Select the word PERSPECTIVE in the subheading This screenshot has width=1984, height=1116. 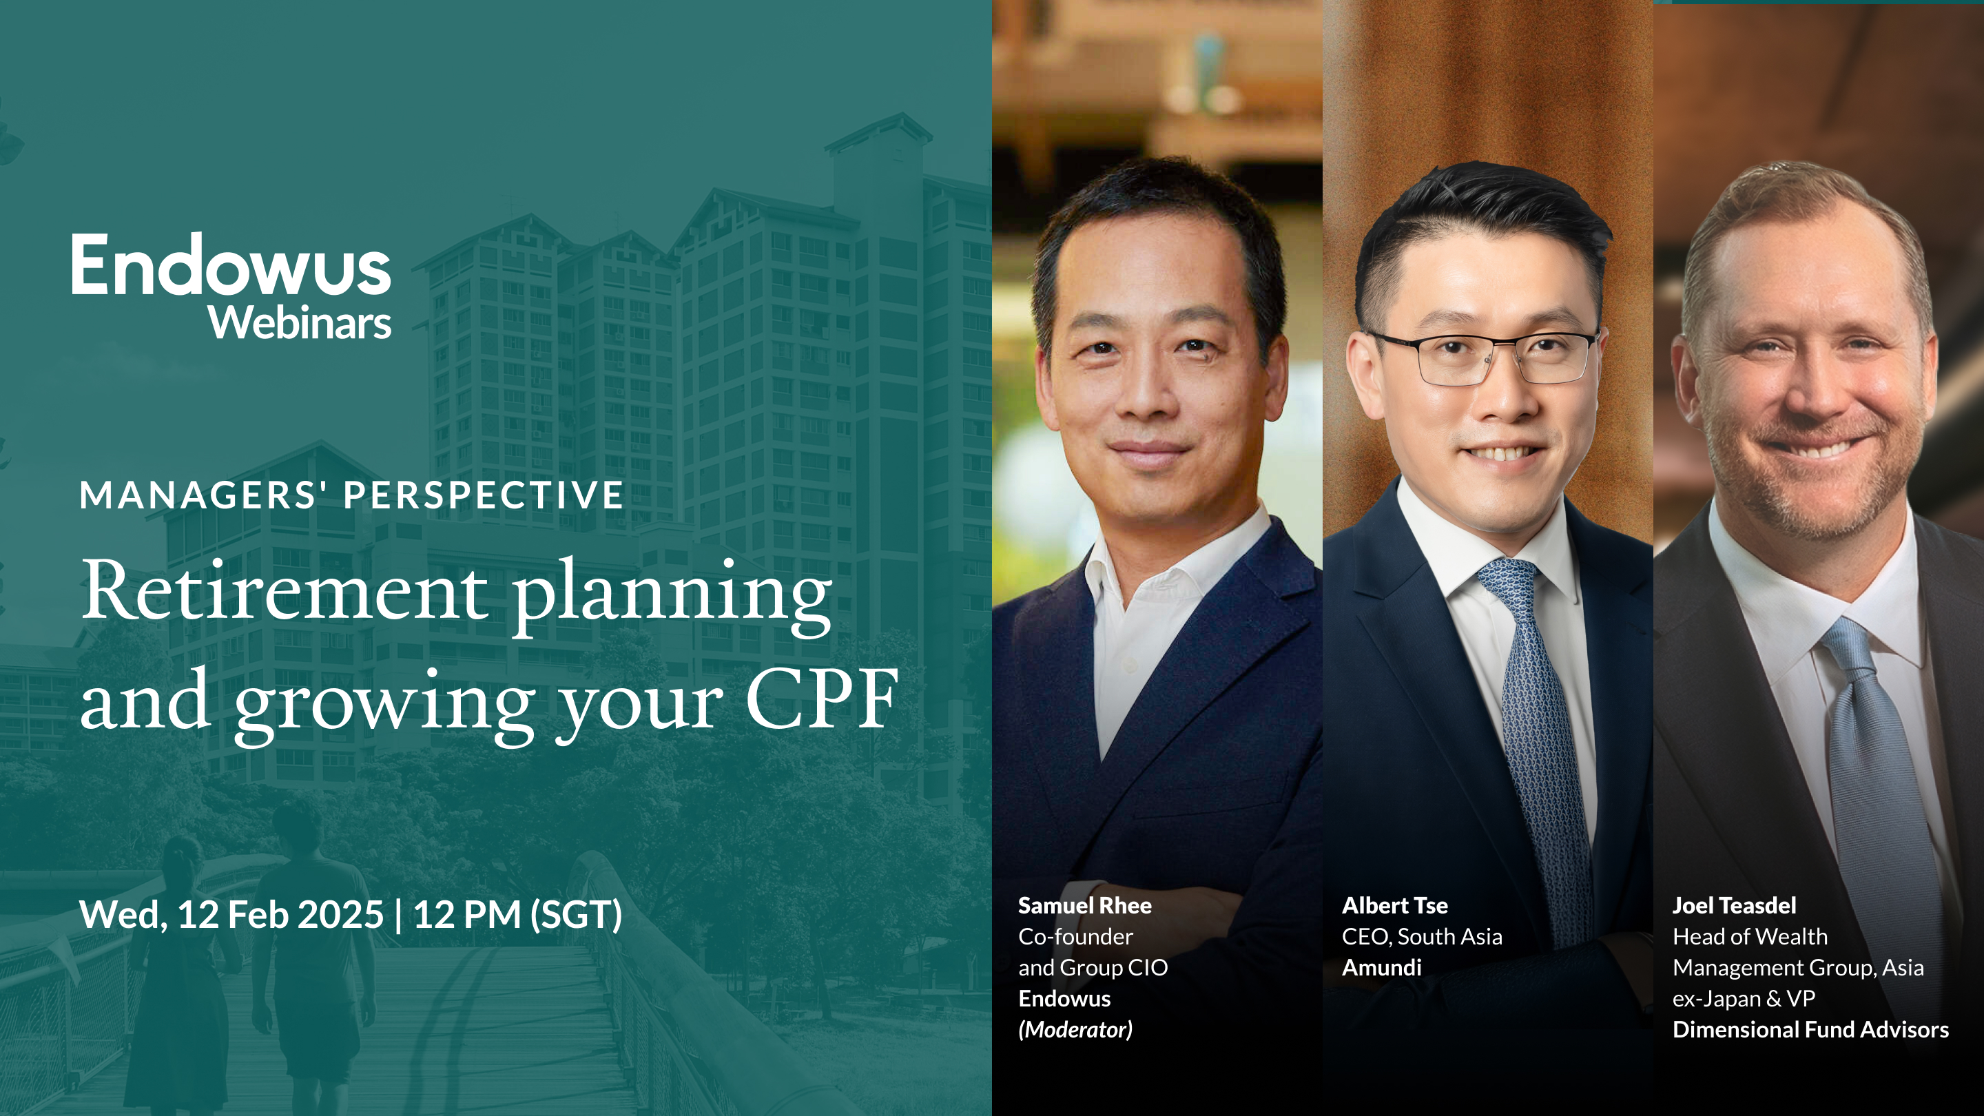[484, 495]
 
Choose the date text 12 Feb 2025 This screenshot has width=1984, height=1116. [280, 915]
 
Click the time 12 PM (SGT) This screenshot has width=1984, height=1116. [517, 915]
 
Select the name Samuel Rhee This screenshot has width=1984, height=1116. [1084, 906]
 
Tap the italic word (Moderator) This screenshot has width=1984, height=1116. [1075, 1030]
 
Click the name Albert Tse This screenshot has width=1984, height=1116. [1394, 906]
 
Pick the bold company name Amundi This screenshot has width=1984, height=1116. [1381, 968]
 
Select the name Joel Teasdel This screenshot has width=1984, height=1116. [1734, 906]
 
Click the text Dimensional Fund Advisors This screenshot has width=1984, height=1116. [1810, 1030]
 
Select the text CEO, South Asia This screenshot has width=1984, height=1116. [1422, 937]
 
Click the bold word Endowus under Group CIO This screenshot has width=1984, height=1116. [1064, 999]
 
